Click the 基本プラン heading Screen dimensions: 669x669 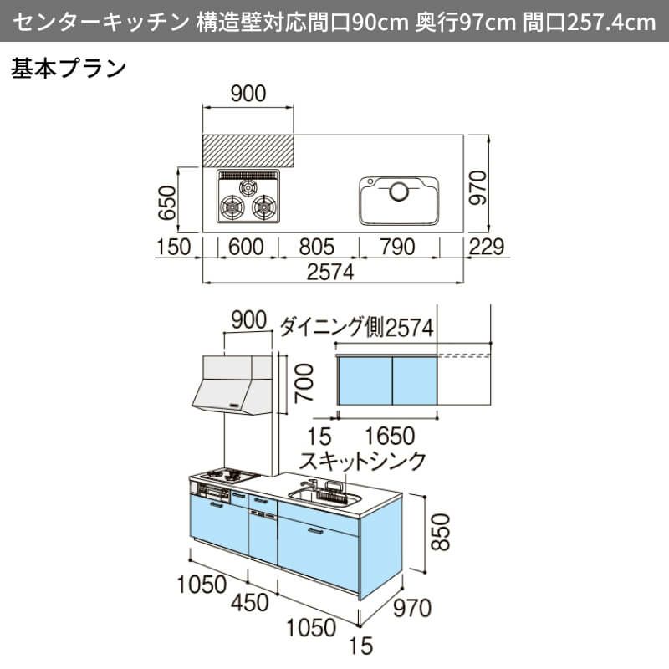click(69, 67)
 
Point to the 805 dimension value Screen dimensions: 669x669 click(316, 247)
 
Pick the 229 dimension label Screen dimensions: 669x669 click(488, 247)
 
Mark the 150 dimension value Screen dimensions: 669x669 click(174, 247)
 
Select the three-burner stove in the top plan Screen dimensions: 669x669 click(248, 197)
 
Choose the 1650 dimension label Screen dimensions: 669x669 click(390, 437)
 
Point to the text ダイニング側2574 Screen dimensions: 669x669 click(356, 327)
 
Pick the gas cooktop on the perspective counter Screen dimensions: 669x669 click(227, 477)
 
